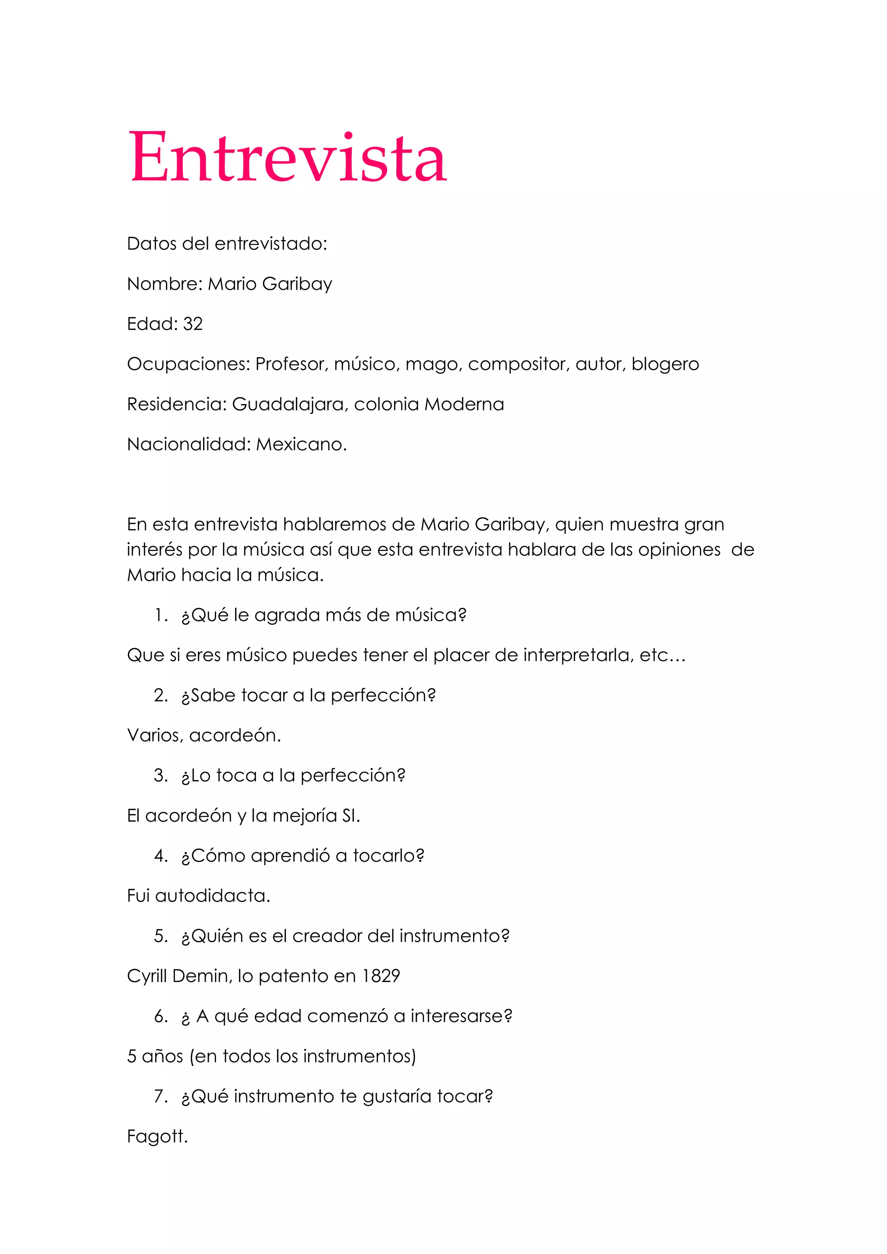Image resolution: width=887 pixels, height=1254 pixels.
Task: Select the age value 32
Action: pyautogui.click(x=193, y=324)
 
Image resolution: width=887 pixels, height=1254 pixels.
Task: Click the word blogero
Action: pyautogui.click(x=665, y=364)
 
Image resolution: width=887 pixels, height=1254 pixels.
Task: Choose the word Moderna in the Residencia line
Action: pyautogui.click(x=464, y=404)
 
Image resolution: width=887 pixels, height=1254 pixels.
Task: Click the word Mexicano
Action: pyautogui.click(x=301, y=444)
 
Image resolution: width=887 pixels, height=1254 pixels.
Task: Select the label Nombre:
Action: pyautogui.click(x=165, y=284)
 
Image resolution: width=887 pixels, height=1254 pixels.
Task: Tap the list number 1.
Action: pyautogui.click(x=161, y=616)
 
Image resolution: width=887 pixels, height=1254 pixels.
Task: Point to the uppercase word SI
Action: pyautogui.click(x=350, y=815)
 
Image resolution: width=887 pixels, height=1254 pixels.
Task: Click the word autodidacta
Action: pyautogui.click(x=213, y=896)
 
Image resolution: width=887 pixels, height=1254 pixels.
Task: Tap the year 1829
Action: pyautogui.click(x=381, y=976)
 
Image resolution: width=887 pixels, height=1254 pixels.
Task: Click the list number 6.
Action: pyautogui.click(x=161, y=1016)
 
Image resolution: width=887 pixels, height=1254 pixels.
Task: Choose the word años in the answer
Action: pyautogui.click(x=162, y=1056)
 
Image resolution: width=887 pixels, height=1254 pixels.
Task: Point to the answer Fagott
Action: pyautogui.click(x=157, y=1137)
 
